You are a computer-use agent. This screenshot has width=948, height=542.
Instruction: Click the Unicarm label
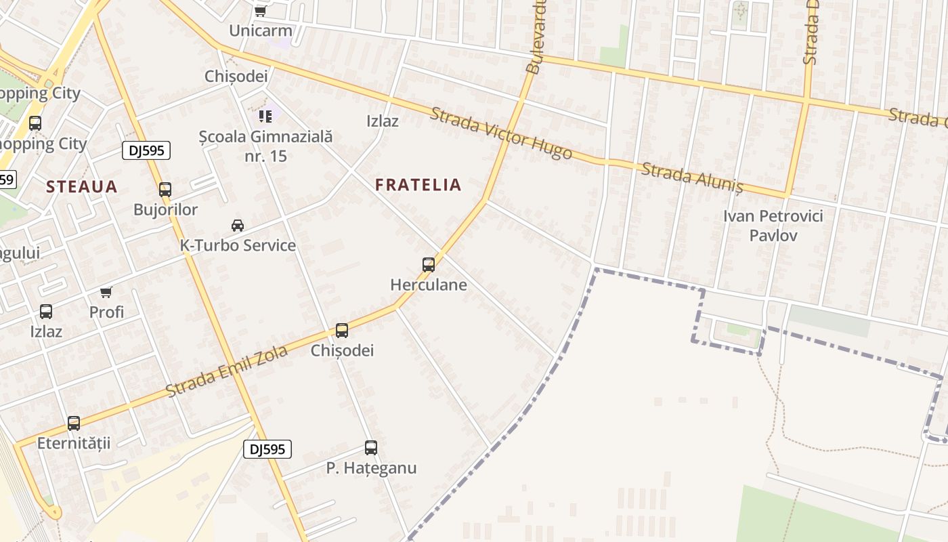pyautogui.click(x=260, y=30)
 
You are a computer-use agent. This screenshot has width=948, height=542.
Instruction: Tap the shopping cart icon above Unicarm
pyautogui.click(x=260, y=11)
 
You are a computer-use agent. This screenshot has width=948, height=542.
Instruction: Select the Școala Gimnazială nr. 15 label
pyautogui.click(x=265, y=146)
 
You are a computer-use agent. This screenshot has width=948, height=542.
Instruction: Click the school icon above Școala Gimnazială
pyautogui.click(x=265, y=117)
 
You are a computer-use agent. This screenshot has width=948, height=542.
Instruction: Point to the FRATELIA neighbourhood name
pyautogui.click(x=418, y=184)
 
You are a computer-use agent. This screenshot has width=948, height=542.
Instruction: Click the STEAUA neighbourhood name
pyautogui.click(x=81, y=186)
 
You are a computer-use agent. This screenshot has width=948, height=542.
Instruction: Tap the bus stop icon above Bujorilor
pyautogui.click(x=165, y=190)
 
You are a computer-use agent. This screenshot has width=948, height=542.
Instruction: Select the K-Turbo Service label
pyautogui.click(x=238, y=245)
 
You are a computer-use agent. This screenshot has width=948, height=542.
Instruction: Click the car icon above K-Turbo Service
pyautogui.click(x=238, y=226)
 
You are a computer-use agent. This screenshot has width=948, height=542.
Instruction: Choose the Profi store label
pyautogui.click(x=106, y=312)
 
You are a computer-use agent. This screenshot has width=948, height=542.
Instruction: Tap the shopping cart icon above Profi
pyautogui.click(x=106, y=292)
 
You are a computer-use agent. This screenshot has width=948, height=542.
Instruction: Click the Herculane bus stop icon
pyautogui.click(x=429, y=265)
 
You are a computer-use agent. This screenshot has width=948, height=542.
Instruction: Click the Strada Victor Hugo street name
pyautogui.click(x=501, y=133)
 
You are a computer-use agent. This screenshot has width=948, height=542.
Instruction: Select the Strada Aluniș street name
pyautogui.click(x=691, y=178)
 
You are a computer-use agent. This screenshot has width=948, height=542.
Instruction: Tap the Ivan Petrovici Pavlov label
pyautogui.click(x=773, y=226)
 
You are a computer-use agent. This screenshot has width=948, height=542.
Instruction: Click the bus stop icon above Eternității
pyautogui.click(x=74, y=423)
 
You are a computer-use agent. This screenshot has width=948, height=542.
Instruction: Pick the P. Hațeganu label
pyautogui.click(x=371, y=468)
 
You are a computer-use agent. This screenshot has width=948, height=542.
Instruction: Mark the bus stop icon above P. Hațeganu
pyautogui.click(x=371, y=448)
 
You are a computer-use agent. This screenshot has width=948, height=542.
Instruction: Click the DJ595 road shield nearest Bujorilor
pyautogui.click(x=146, y=150)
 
